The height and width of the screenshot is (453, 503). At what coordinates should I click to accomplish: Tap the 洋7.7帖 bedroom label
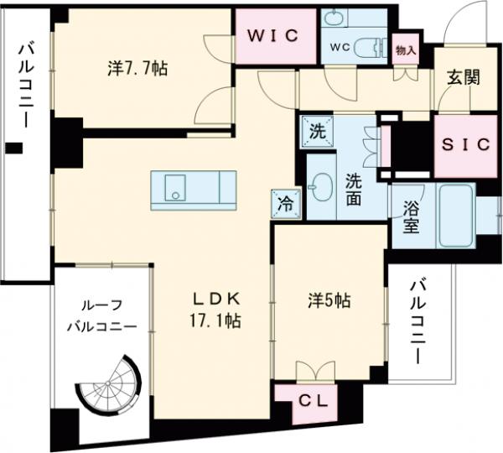click(137, 68)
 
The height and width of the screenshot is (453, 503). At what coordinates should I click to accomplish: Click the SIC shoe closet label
click(465, 143)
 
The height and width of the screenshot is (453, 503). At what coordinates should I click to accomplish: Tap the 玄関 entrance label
click(463, 78)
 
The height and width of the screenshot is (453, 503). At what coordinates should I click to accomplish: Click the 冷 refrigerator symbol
click(284, 201)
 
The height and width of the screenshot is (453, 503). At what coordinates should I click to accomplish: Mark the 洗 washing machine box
click(317, 131)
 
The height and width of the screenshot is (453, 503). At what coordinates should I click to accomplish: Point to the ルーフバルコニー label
click(102, 316)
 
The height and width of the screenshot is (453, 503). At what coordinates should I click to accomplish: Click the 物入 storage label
click(407, 49)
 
